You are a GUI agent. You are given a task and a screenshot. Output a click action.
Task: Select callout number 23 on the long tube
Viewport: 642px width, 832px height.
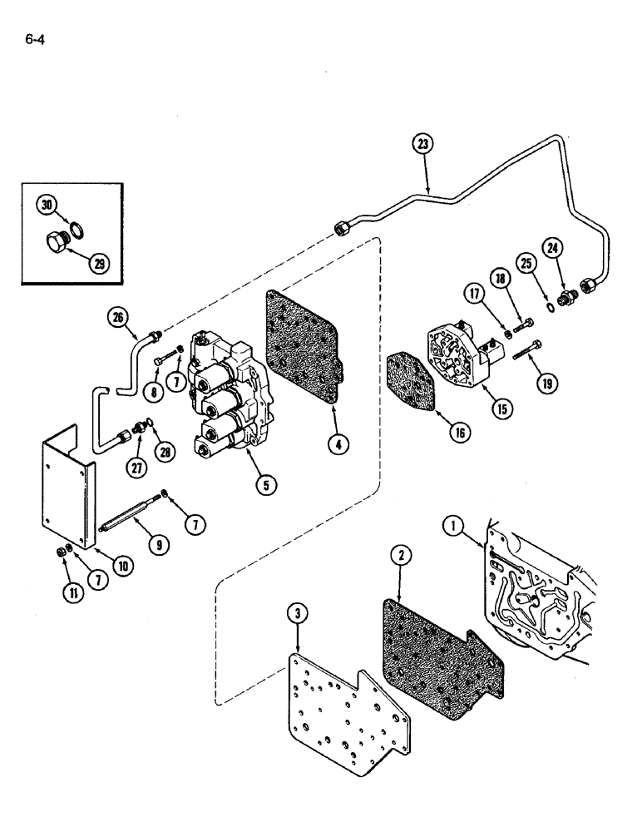(x=424, y=143)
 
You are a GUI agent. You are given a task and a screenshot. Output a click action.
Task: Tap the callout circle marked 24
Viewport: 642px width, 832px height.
(x=553, y=246)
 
